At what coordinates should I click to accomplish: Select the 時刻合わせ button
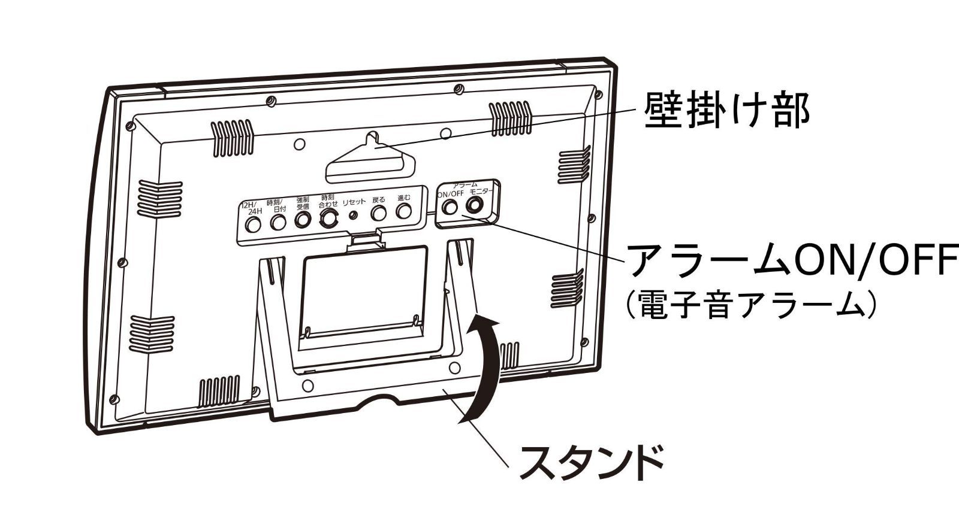(328, 219)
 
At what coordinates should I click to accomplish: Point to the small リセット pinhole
(353, 215)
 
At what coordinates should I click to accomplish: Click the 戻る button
(378, 213)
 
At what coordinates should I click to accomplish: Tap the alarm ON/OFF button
(450, 207)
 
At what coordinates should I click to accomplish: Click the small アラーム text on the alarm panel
(465, 186)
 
